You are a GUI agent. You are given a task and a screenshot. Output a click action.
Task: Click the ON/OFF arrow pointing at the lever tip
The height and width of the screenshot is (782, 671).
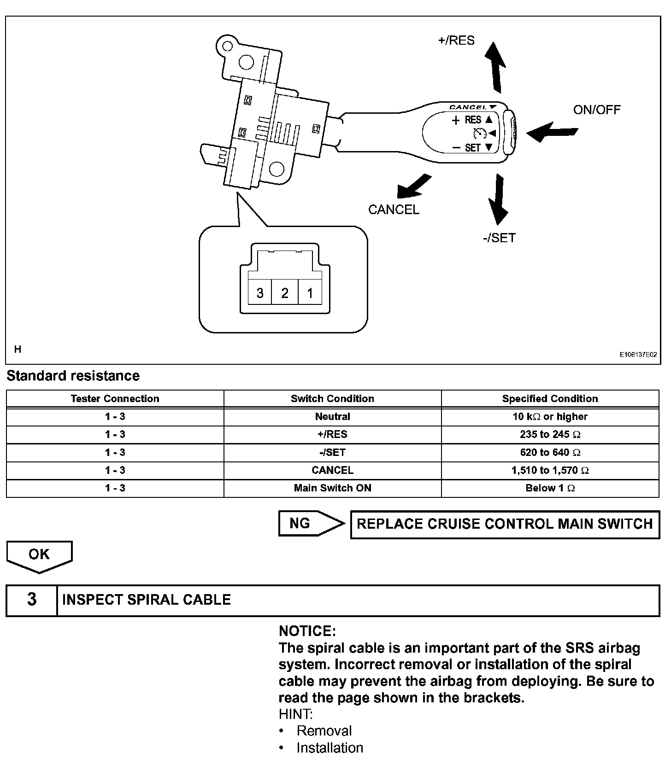551,132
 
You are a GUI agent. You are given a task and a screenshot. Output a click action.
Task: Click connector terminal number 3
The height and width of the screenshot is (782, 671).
260,292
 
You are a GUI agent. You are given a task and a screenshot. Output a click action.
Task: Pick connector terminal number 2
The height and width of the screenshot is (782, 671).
285,292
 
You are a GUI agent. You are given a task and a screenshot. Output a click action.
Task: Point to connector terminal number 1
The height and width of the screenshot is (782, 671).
310,292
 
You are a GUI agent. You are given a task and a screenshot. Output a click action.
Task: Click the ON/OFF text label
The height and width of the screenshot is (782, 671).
596,110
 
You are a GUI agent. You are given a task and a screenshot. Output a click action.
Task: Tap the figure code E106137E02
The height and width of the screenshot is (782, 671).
638,355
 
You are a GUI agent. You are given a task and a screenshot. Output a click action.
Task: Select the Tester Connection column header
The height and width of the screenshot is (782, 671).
115,399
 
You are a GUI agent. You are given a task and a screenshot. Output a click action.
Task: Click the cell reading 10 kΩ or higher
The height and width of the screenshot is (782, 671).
550,417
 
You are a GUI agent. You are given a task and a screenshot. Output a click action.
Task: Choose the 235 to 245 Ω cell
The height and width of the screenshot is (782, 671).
550,434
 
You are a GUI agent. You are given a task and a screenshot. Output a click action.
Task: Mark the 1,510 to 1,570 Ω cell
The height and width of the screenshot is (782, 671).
550,470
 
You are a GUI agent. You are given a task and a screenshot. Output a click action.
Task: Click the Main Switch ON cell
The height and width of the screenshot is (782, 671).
332,488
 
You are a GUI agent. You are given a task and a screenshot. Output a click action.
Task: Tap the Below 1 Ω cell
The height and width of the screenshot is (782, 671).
550,488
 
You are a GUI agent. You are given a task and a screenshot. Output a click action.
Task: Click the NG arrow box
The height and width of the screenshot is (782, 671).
310,524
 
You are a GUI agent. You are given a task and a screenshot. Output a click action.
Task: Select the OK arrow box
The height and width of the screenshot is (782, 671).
39,555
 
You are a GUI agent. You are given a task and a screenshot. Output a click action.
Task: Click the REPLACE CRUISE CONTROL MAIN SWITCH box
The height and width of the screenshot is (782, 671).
505,524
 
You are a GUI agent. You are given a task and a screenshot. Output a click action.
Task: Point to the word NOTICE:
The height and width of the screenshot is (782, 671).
307,631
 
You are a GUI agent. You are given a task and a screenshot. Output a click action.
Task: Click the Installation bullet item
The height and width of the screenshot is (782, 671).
330,747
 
